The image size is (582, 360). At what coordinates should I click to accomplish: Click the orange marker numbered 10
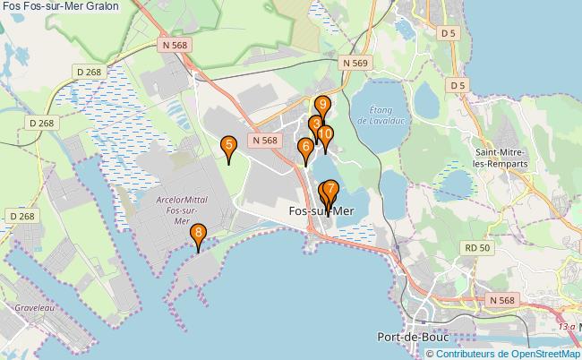tap(325, 134)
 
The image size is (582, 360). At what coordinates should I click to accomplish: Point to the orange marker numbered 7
tap(331, 189)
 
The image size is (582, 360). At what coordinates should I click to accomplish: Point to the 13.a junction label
tap(566, 329)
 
